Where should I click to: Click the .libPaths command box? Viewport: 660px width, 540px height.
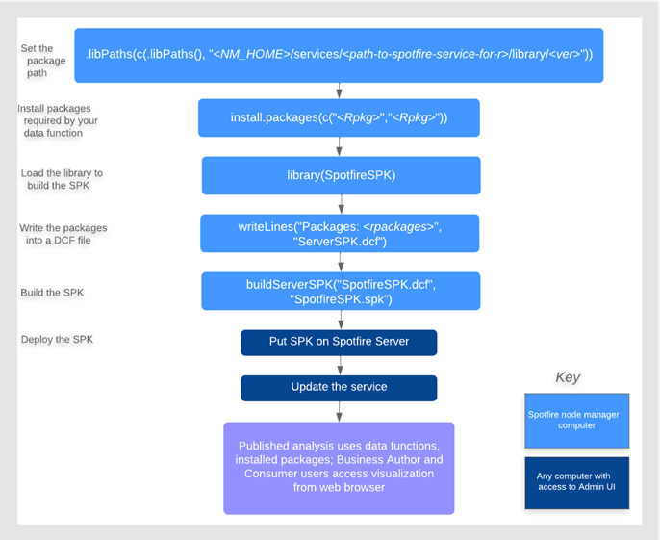(339, 55)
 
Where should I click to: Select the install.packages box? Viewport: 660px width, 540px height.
(339, 117)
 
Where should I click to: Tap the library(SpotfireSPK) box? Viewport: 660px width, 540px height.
(341, 176)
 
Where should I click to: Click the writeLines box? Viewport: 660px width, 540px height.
(340, 233)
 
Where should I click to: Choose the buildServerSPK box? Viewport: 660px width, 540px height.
(340, 292)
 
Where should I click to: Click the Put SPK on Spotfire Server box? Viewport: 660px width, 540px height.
(339, 343)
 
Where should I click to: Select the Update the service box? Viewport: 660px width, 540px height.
(339, 387)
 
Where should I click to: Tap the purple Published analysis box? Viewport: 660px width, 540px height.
(339, 467)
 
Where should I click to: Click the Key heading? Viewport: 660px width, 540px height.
(568, 377)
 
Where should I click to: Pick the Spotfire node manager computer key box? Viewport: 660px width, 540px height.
(576, 421)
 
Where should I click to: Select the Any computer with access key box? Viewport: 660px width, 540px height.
(576, 482)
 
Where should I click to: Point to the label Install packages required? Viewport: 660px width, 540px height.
(57, 120)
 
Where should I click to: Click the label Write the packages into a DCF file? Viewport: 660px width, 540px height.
(63, 234)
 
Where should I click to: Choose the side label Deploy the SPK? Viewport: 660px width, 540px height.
(57, 339)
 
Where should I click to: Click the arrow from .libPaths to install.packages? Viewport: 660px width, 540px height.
(340, 90)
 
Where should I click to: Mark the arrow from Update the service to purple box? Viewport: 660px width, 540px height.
(339, 411)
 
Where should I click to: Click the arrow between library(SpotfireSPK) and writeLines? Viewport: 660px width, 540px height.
(342, 204)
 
